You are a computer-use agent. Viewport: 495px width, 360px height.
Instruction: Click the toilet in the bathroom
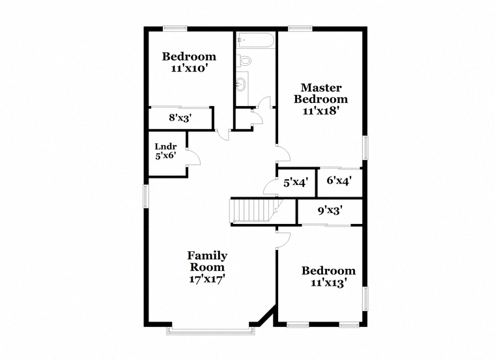pos(244,60)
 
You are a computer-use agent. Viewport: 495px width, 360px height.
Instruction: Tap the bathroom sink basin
pos(242,83)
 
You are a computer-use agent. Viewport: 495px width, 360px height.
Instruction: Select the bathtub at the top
pos(255,40)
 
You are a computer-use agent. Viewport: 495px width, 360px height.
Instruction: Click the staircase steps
pos(253,211)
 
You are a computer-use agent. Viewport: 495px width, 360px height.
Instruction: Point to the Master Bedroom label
pos(321,93)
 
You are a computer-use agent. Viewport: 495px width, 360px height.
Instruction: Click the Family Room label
pos(207,261)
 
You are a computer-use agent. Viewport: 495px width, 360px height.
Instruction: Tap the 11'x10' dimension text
pos(189,68)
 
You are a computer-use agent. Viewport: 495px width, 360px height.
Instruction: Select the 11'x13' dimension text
pos(329,283)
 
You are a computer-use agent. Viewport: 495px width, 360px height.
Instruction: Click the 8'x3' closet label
pos(180,118)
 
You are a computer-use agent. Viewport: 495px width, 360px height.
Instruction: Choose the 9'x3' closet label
pos(330,210)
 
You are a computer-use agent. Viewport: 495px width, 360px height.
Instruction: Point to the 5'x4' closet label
pos(296,183)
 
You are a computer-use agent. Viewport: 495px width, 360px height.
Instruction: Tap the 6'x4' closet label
pos(339,181)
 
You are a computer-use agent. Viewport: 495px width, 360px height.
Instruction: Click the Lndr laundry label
pos(165,146)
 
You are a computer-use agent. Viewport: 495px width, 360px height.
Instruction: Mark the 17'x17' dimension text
pos(206,279)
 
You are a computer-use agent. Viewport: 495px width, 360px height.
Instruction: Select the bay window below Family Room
pos(210,330)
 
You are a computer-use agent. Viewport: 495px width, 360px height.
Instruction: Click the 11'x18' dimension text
pos(321,111)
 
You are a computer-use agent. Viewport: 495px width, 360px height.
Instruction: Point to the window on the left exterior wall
pos(145,196)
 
